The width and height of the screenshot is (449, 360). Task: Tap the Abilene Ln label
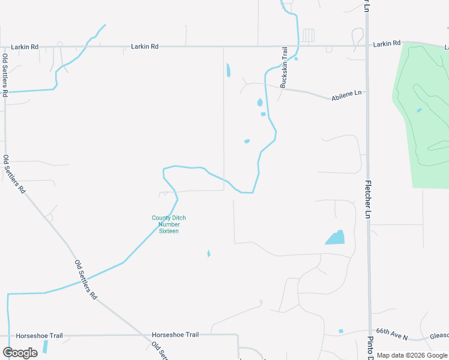point(347,96)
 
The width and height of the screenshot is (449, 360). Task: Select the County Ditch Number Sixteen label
point(169,224)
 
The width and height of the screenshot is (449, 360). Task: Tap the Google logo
point(20,352)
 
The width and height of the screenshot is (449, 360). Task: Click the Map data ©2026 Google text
point(412,355)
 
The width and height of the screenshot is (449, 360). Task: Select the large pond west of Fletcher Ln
point(336,238)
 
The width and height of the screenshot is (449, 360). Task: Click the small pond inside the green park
point(419,110)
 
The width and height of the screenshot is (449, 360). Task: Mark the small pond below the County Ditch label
point(208,254)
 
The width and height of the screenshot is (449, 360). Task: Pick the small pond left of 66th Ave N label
point(340,331)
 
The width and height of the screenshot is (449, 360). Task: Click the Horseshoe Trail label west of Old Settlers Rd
point(39,336)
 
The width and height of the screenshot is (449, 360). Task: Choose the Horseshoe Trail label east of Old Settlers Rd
point(175,335)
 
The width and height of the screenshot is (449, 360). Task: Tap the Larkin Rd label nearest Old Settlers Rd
point(25,46)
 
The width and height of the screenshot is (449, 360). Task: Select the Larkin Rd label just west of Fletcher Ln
point(386,44)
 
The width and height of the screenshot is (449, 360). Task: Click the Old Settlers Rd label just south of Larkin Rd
point(5,76)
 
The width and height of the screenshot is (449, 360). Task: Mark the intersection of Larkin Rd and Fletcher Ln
point(367,46)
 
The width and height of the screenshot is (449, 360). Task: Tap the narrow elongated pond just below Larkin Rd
point(228,71)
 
